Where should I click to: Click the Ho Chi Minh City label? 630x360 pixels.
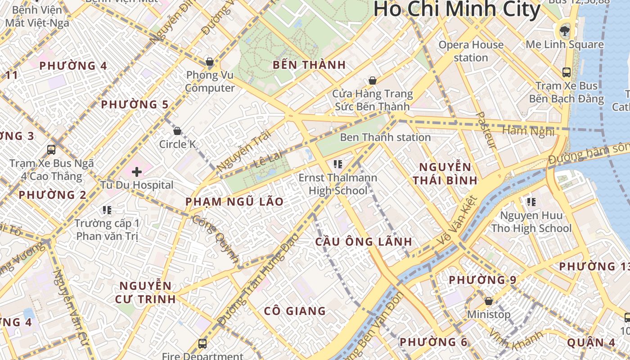pos(457,9)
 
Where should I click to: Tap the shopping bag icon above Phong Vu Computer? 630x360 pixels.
pos(209,62)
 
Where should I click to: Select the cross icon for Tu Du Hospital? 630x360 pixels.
pos(137,171)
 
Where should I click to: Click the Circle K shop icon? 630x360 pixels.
pos(177,131)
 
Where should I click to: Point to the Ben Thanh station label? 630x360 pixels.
pos(385,137)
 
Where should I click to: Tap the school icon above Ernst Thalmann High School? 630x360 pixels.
pos(337,164)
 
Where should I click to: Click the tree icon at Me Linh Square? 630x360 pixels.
pos(564,31)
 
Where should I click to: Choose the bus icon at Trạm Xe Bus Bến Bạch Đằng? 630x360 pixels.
pos(566,72)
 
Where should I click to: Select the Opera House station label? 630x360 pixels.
pos(471,51)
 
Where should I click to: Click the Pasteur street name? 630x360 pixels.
pos(486,130)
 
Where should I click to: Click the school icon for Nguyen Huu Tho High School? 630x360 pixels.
pos(531,202)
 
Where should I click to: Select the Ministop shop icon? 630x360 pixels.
pos(488,301)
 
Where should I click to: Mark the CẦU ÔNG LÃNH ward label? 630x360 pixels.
pos(364,242)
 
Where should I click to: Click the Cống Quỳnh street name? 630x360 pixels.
pos(216,238)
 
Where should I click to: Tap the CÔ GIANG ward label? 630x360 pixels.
pos(294,311)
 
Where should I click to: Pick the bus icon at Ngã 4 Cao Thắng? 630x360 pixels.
pos(51,150)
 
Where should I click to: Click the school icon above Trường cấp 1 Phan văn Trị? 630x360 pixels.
pos(107,210)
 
